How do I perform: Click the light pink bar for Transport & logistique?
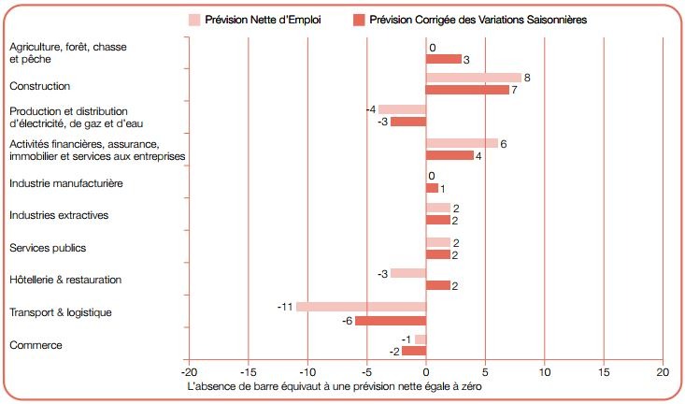click(361, 307)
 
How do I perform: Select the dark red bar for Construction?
click(467, 90)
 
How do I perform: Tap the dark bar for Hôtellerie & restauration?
click(438, 285)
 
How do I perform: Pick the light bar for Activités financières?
click(462, 143)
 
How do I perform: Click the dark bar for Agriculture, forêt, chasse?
click(444, 59)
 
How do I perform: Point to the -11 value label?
click(286, 307)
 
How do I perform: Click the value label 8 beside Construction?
click(528, 78)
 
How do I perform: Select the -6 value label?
click(347, 320)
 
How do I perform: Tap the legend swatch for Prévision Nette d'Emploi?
click(194, 20)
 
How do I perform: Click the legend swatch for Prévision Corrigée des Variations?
click(358, 20)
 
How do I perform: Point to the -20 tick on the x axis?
click(188, 371)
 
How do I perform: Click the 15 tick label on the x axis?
click(604, 371)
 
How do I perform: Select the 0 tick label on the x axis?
click(426, 371)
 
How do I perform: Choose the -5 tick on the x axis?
click(366, 371)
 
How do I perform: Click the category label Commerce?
click(36, 345)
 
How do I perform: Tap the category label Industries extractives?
click(59, 215)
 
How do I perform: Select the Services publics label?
click(48, 248)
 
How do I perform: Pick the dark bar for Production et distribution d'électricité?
click(408, 122)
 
